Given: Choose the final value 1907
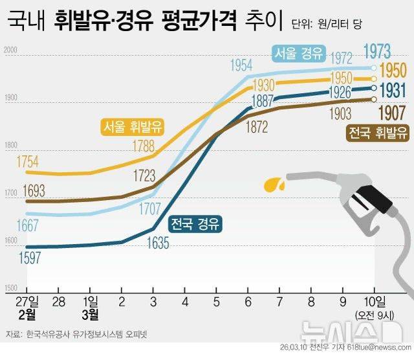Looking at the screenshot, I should (392, 112).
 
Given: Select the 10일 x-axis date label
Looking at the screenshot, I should (374, 301).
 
